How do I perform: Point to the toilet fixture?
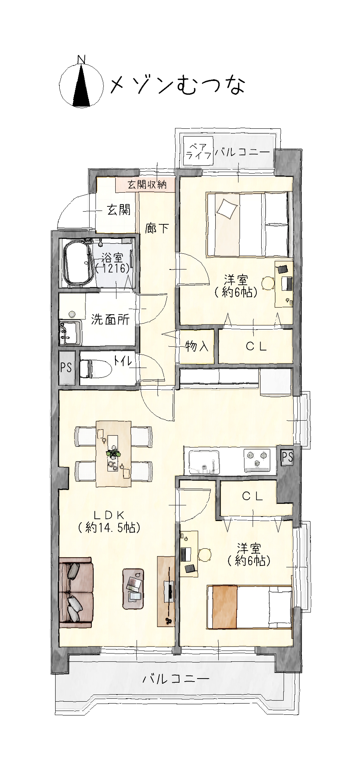coord(96,369)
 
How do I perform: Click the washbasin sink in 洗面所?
coord(70,332)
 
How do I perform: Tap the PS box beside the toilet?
coord(66,368)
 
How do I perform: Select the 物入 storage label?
coord(197,347)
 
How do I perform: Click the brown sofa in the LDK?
coord(76,590)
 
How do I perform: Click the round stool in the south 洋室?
coord(205,554)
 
